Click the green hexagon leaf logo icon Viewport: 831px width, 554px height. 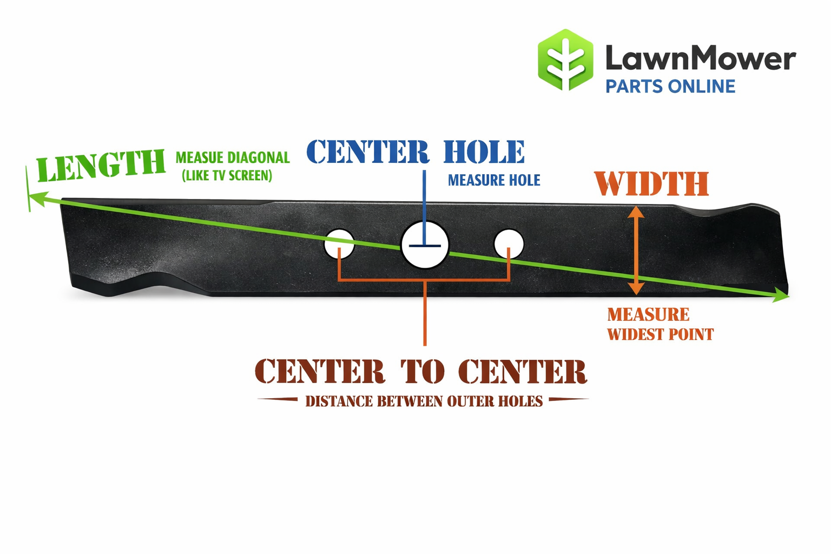coord(565,60)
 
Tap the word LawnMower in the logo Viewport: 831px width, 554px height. coord(700,58)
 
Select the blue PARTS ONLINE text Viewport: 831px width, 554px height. coord(670,87)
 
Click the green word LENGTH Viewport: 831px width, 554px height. coord(101,166)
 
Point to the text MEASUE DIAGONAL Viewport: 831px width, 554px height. coord(233,157)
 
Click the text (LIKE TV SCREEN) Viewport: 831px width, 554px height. coord(227,176)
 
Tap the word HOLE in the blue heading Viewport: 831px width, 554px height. coord(484,151)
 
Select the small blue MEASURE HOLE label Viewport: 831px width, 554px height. coord(494,180)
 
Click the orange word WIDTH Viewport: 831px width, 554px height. coord(651,184)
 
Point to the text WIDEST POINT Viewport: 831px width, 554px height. coord(660,334)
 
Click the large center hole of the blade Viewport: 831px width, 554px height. coord(425,245)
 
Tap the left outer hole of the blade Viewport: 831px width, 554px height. coord(339,243)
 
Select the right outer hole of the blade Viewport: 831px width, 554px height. coord(509,243)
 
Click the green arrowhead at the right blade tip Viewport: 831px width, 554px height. coord(781,295)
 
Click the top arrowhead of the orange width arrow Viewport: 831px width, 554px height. coord(636,212)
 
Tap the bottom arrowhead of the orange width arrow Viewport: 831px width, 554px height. coord(636,288)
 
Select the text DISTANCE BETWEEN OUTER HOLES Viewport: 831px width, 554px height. coord(424,401)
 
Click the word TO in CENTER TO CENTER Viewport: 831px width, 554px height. coord(423,372)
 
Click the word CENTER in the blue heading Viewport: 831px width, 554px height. coord(368,151)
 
